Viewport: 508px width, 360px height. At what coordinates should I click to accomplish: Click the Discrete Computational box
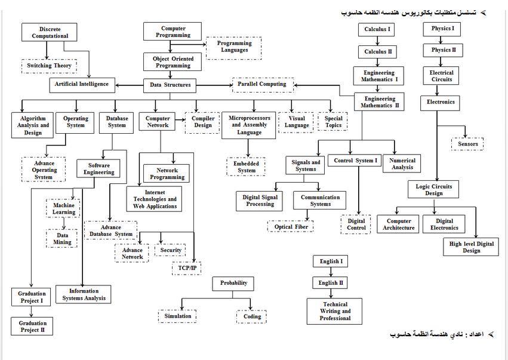tap(49, 32)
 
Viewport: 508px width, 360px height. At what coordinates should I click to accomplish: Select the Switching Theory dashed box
tap(49, 66)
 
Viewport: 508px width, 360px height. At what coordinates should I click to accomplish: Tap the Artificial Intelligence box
tap(82, 85)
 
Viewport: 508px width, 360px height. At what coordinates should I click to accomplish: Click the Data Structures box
tap(170, 85)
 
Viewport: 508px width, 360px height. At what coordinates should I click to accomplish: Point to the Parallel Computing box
tap(263, 85)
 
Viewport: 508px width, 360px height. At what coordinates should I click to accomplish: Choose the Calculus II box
tap(378, 52)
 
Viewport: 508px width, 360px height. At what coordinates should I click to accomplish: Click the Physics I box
tap(442, 29)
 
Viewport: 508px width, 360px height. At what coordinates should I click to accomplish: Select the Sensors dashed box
tap(467, 144)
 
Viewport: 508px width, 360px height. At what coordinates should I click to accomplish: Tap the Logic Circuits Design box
tap(433, 190)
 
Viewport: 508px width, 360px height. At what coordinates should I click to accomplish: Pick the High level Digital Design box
tap(471, 247)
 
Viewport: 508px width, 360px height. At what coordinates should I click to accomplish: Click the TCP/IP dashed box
tap(187, 268)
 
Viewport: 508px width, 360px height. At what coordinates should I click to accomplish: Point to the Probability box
tap(233, 284)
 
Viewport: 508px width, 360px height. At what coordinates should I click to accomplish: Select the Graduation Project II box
tap(32, 327)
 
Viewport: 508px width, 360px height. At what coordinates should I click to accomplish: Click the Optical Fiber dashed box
tap(291, 226)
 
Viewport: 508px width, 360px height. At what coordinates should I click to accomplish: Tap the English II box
tap(330, 282)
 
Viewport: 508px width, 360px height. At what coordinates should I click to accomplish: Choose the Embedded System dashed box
tap(246, 167)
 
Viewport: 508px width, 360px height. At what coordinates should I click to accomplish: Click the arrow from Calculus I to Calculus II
tap(377, 41)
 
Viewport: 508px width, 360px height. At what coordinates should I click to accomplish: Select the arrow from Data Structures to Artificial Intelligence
tap(130, 85)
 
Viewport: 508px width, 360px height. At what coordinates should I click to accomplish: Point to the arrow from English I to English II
tap(331, 272)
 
